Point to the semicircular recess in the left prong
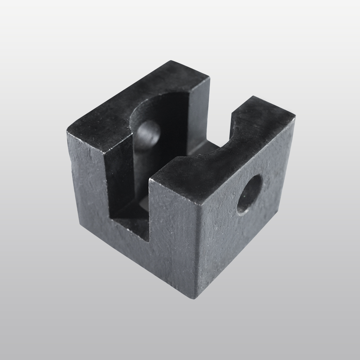(158, 108)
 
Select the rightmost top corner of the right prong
(295, 116)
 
